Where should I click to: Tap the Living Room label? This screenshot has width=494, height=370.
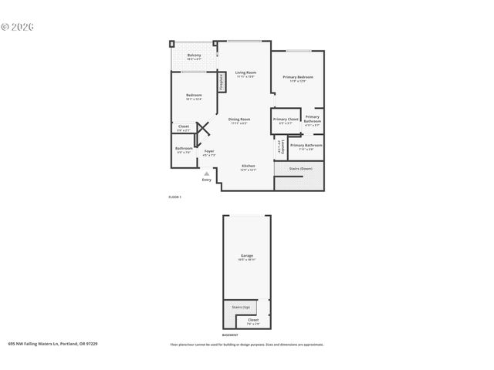[x=245, y=73]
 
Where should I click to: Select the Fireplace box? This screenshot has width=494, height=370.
[x=221, y=82]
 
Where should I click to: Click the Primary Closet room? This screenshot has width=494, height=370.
[x=285, y=120]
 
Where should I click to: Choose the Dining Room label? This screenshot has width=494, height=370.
[x=239, y=119]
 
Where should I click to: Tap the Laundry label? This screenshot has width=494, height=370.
[x=279, y=145]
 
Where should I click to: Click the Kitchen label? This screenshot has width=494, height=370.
[x=248, y=166]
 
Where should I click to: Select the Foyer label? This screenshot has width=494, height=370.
[x=208, y=151]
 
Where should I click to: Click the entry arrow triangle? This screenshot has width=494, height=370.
[x=206, y=173]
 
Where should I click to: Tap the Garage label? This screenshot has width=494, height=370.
[x=246, y=256]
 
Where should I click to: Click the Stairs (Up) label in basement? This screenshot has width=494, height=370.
[x=241, y=307]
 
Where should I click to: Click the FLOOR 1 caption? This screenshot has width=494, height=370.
[x=174, y=197]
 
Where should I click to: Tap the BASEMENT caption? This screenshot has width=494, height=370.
[x=229, y=335]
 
